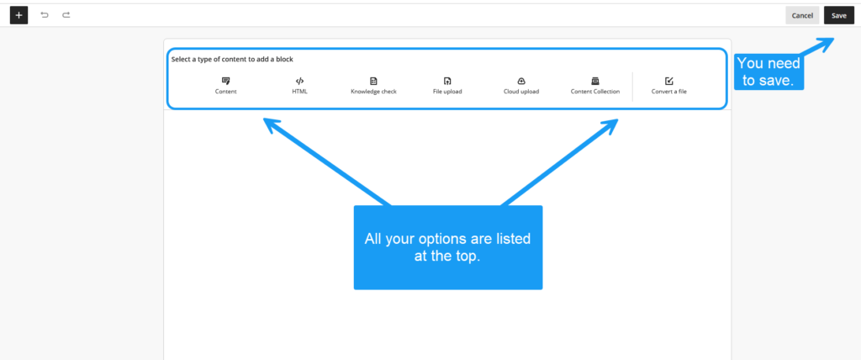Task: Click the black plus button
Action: (x=18, y=15)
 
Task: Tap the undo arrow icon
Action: (x=45, y=15)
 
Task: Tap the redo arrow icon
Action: (x=66, y=15)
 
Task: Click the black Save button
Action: (x=838, y=15)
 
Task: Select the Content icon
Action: (x=225, y=81)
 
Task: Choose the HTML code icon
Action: (x=300, y=81)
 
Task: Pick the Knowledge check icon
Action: (x=373, y=81)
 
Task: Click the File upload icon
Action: (x=447, y=81)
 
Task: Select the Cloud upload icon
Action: (x=521, y=81)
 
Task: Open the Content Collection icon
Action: (x=594, y=81)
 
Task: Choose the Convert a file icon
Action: (x=668, y=81)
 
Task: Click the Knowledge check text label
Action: (x=373, y=92)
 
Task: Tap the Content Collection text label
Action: (x=595, y=92)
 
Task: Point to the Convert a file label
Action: (x=668, y=92)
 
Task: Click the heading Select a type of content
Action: (x=232, y=60)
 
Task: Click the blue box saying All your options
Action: (x=448, y=247)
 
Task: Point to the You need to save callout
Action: (x=769, y=71)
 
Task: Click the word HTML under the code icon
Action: (x=300, y=92)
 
